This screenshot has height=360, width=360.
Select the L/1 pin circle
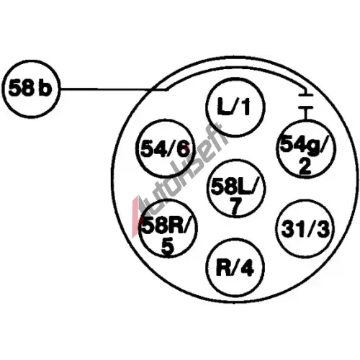(235, 107)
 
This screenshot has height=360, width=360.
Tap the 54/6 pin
(165, 148)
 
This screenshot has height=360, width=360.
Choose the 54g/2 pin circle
(306, 149)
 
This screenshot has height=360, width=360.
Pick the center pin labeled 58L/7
(235, 189)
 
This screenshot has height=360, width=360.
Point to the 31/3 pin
(305, 228)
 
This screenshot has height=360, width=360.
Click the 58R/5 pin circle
(168, 229)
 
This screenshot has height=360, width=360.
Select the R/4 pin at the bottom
(235, 267)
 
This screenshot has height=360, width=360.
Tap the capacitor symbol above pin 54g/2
(305, 102)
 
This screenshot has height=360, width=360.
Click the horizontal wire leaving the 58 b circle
(113, 89)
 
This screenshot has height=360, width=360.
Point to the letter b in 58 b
(45, 87)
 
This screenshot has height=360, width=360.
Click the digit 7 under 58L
(236, 207)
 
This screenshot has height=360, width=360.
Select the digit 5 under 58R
(168, 247)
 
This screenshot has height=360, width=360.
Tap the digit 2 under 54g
(305, 166)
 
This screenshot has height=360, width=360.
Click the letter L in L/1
(224, 106)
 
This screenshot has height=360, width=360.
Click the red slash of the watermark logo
(135, 214)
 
